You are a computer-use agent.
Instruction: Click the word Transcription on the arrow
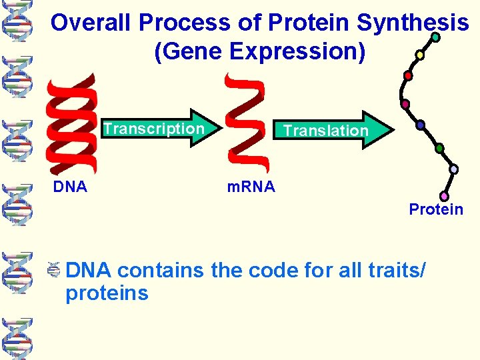[154, 128]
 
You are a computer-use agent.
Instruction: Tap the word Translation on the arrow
[325, 131]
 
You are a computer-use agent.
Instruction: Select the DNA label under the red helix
[70, 187]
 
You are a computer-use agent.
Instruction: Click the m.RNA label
[251, 187]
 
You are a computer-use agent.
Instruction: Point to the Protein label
[436, 209]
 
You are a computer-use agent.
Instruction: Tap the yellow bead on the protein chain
[419, 55]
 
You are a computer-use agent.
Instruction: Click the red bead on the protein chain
[408, 75]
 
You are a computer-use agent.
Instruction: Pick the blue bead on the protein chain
[420, 125]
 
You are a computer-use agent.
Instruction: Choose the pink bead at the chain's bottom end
[444, 196]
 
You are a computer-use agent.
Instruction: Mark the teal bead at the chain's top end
[435, 38]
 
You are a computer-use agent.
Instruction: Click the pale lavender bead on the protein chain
[453, 169]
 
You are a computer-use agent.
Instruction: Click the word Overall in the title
[92, 23]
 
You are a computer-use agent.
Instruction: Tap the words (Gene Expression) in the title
[259, 52]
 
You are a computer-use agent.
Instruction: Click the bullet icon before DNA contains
[55, 271]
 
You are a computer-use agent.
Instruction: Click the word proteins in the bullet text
[107, 293]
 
